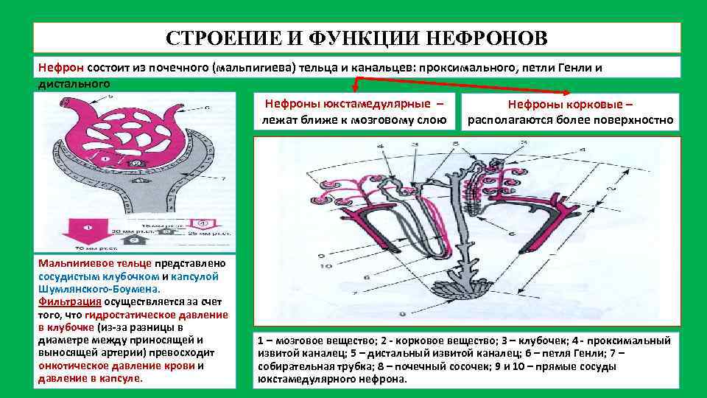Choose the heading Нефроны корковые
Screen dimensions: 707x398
pos(570,105)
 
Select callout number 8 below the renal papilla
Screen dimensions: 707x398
pos(402,315)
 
